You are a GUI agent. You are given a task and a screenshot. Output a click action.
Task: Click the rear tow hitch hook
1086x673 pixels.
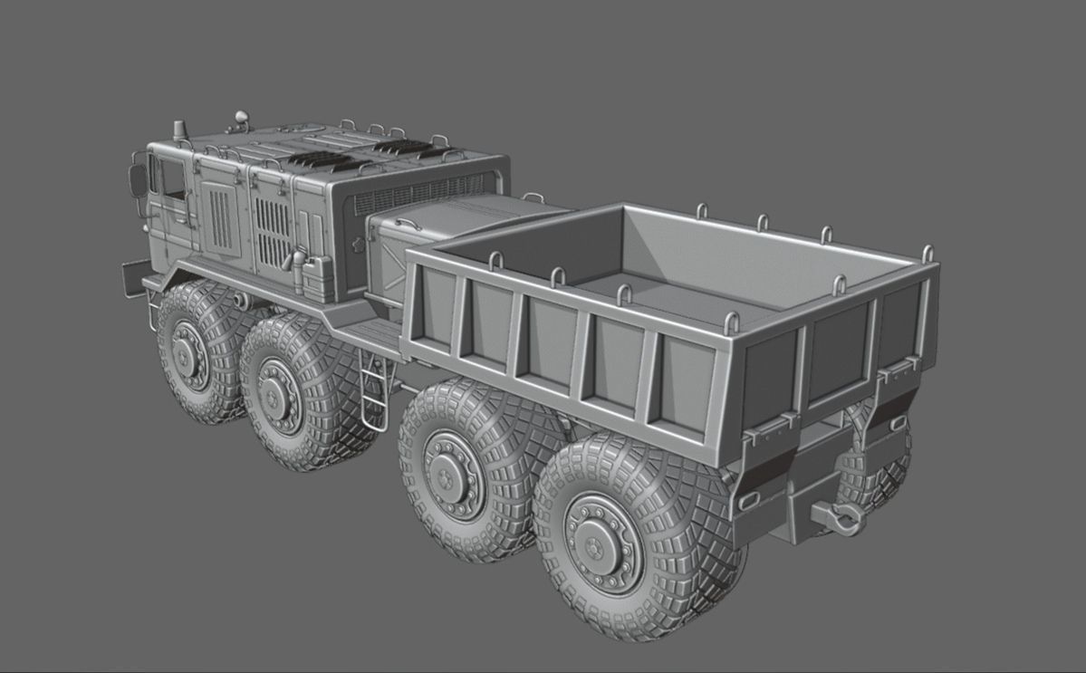point(841,517)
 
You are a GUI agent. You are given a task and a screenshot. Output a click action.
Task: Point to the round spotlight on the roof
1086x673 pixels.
point(240,117)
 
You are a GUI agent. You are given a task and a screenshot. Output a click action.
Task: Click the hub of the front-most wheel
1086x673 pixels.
point(188,354)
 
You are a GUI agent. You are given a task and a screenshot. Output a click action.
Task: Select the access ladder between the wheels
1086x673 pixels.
point(370,389)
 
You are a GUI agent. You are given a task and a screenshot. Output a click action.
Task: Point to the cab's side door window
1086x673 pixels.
point(171,180)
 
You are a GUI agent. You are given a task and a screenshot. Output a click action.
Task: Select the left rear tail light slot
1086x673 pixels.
point(748,499)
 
